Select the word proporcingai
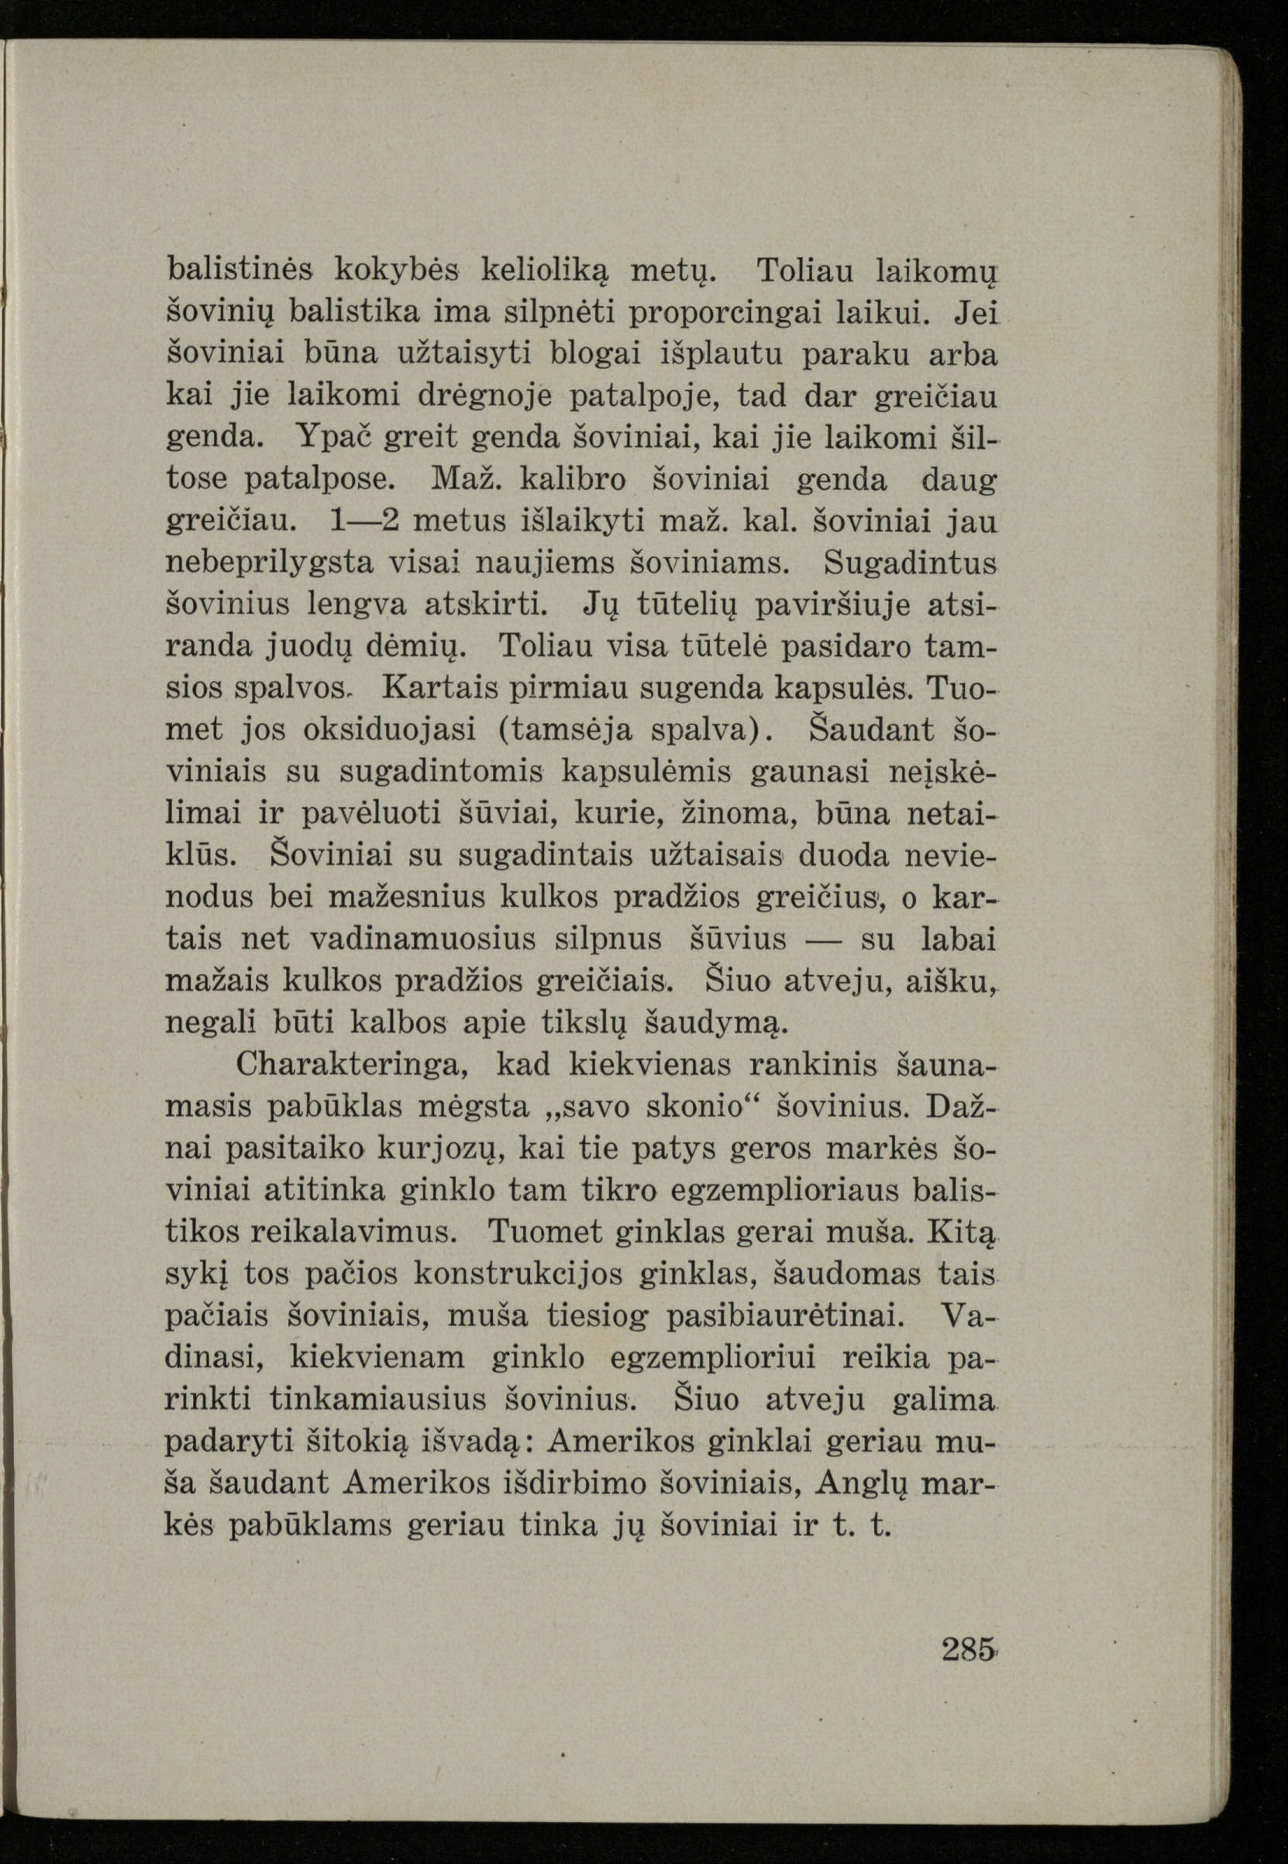coord(731,312)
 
